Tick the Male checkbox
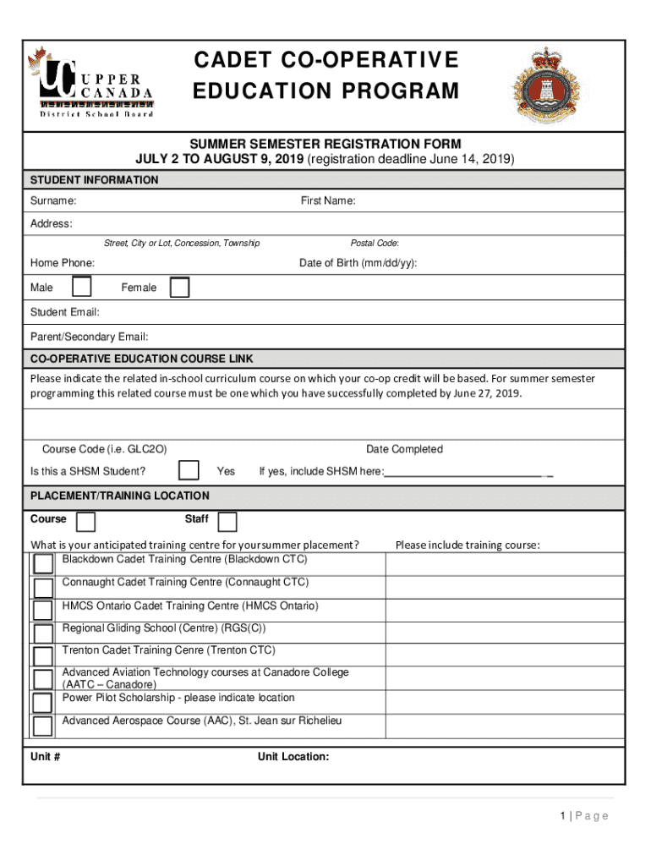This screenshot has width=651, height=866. click(x=82, y=288)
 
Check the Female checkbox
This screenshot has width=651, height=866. click(x=179, y=288)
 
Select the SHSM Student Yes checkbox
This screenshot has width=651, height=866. click(x=189, y=471)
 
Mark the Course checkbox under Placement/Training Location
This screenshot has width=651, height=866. click(x=85, y=521)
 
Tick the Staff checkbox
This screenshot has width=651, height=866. click(x=227, y=521)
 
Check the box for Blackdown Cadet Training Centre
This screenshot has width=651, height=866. click(x=42, y=564)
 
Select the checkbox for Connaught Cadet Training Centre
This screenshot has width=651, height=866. click(x=42, y=588)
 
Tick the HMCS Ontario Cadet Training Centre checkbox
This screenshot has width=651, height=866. click(x=42, y=611)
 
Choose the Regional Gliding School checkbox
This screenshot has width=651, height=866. click(x=42, y=633)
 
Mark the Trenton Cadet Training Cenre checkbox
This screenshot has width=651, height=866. click(x=42, y=656)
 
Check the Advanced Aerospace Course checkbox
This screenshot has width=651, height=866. click(x=42, y=726)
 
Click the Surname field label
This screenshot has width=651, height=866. click(x=53, y=201)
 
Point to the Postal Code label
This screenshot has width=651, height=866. click(x=375, y=244)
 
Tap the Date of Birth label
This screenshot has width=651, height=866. click(x=358, y=264)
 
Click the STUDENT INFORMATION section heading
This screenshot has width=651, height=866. click(x=94, y=180)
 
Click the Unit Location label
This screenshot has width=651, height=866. click(x=293, y=757)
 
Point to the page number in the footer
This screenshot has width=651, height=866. click(x=583, y=816)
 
